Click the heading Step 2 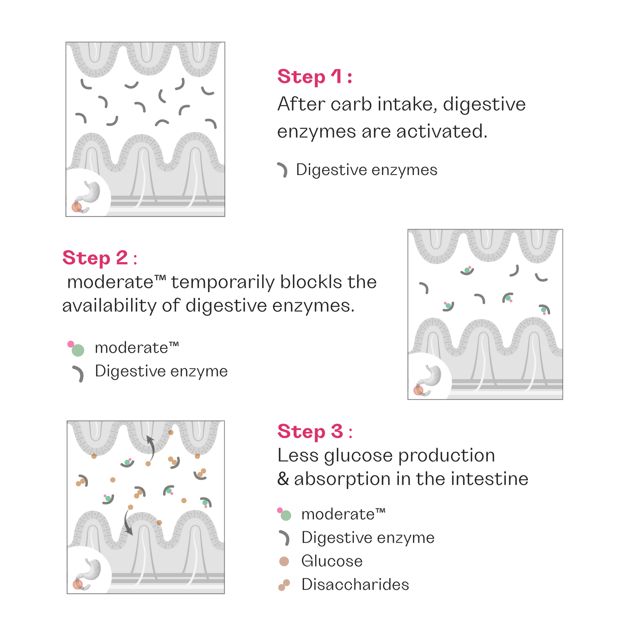click(x=99, y=258)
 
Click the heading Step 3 click(x=315, y=431)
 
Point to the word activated click(x=442, y=131)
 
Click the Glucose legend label click(x=332, y=561)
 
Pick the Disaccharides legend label click(x=355, y=584)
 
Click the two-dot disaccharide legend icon click(x=284, y=585)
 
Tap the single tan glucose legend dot click(x=284, y=561)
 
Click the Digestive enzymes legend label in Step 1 click(x=367, y=170)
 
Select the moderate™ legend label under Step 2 click(x=137, y=348)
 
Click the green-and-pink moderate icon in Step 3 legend click(x=284, y=514)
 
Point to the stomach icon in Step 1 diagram click(x=88, y=195)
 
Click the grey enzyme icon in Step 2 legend click(x=79, y=373)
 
